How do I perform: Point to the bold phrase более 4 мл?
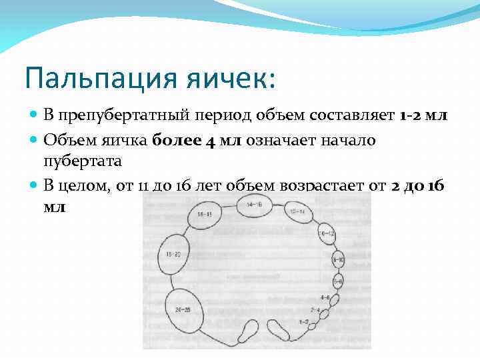(x=197, y=139)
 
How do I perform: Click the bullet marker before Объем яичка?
(x=35, y=139)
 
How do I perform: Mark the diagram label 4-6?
(x=325, y=298)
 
